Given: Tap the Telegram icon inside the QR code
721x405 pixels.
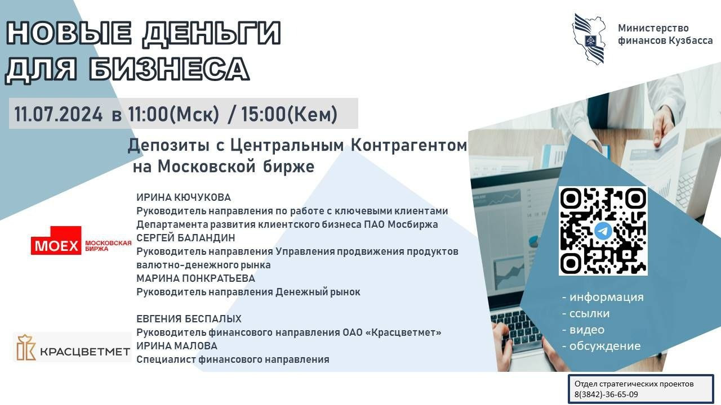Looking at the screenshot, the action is [603, 231].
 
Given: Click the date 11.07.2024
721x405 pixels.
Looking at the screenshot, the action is [58, 114].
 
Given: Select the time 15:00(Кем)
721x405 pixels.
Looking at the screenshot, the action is [289, 114].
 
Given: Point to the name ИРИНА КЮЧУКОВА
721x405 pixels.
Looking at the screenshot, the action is [184, 197].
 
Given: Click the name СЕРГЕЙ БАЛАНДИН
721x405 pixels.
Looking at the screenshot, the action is [186, 238].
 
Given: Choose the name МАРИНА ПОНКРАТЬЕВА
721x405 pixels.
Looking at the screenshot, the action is [195, 278].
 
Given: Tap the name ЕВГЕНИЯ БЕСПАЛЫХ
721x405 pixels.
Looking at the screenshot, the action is [189, 319].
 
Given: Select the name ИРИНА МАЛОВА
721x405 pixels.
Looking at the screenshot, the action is [177, 346].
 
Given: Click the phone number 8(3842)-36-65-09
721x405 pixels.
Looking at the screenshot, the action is [606, 394].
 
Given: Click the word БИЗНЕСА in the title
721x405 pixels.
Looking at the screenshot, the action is [169, 69].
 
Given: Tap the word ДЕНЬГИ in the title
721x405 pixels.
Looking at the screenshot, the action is [212, 33].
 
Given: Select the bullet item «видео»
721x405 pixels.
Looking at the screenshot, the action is [583, 330].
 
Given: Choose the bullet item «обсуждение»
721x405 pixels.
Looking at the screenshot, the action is [601, 346].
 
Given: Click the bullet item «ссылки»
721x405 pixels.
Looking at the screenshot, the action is [586, 313].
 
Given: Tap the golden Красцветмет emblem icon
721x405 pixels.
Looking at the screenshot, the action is [26, 348].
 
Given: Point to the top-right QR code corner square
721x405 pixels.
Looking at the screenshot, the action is [635, 199].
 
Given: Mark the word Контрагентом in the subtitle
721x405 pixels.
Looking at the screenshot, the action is [409, 145].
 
